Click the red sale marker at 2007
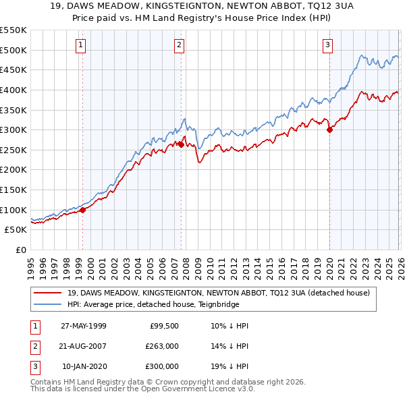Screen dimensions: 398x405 click(181, 144)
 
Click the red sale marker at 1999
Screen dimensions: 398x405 click(83, 210)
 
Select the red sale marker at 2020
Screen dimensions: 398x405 click(329, 130)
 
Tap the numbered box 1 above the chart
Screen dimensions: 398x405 click(81, 45)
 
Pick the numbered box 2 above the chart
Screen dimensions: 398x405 click(180, 45)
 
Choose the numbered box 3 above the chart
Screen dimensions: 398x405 click(327, 45)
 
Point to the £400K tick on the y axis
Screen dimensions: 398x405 click(13, 90)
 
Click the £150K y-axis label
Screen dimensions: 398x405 click(13, 190)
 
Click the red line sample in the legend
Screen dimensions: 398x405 click(49, 293)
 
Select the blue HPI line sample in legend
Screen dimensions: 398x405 click(49, 305)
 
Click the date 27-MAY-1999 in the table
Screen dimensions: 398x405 click(84, 325)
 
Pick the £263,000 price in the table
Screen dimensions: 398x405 click(162, 345)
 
